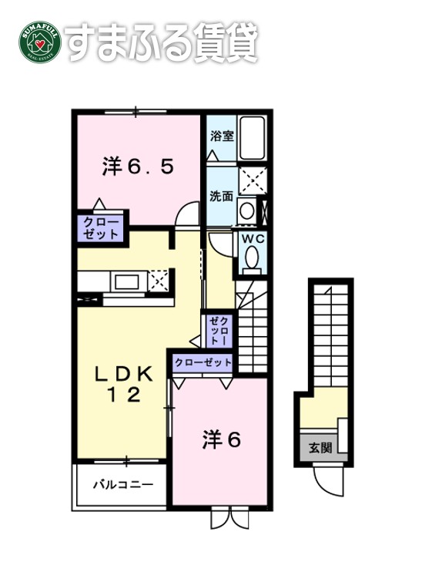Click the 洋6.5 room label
(138, 167)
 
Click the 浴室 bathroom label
(222, 136)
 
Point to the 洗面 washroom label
(222, 196)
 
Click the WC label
(254, 239)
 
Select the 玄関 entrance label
(320, 447)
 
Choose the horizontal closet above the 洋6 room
(203, 362)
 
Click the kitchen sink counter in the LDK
(127, 281)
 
